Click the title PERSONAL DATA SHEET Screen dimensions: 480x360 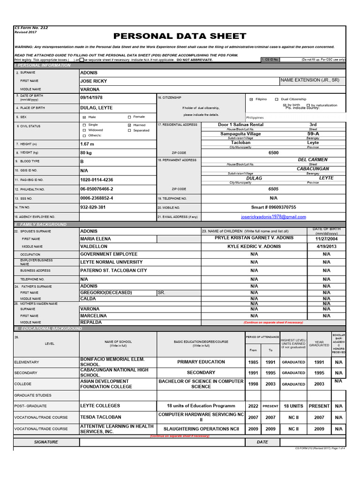coord(180,36)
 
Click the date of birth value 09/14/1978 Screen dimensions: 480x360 coord(91,97)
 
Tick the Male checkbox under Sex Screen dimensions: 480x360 coord(84,117)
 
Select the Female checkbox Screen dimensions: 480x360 coord(129,117)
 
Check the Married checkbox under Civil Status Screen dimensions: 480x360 coord(129,125)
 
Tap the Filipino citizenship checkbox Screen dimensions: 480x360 coord(251,99)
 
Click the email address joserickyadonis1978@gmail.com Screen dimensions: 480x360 coord(273,217)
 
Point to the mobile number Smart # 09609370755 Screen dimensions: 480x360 coord(273,207)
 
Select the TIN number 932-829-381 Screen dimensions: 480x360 coord(93,207)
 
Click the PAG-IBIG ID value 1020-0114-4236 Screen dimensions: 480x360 coord(97,180)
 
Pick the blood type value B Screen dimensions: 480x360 coord(82,161)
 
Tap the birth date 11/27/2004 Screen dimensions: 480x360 coord(326,239)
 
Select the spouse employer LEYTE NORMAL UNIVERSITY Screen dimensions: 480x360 coord(111,262)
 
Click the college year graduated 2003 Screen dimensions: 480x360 coord(319,384)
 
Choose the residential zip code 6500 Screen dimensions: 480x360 coord(273,153)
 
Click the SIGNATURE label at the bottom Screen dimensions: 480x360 coord(46,442)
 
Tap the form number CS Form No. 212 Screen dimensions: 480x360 coord(31,28)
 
